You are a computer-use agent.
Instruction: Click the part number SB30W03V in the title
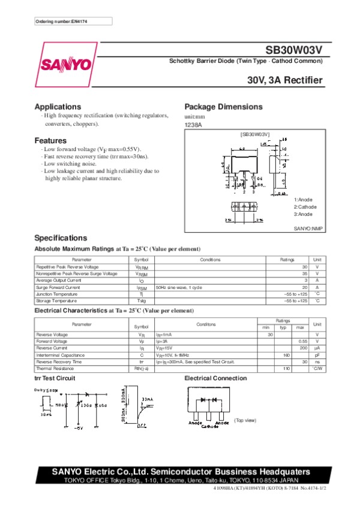click(x=295, y=52)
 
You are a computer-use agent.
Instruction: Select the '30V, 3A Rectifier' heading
click(x=285, y=80)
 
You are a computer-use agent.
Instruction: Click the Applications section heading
click(x=58, y=107)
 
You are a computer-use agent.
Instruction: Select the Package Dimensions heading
click(x=223, y=107)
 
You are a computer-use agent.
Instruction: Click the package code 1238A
click(x=193, y=125)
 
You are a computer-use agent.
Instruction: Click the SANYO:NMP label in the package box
click(x=308, y=229)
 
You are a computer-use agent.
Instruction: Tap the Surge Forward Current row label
click(x=58, y=287)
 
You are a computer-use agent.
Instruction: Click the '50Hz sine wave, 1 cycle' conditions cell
click(x=179, y=287)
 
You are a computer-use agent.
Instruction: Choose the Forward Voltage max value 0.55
click(x=303, y=341)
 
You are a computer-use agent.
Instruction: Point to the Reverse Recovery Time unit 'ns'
click(x=317, y=362)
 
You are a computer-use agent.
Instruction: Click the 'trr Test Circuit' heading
click(x=55, y=378)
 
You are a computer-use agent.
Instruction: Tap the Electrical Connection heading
click(x=215, y=378)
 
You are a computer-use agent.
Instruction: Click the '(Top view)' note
click(x=245, y=420)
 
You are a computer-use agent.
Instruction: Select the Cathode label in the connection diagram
click(x=210, y=427)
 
